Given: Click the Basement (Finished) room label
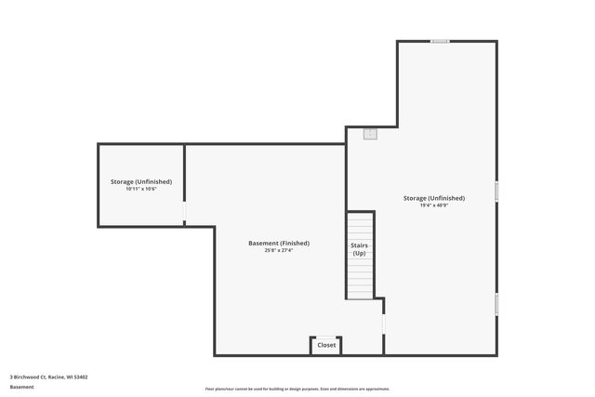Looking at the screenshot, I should click(x=278, y=243).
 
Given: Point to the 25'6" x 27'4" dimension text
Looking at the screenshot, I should click(x=278, y=250).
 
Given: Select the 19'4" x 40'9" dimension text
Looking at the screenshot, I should click(x=434, y=205).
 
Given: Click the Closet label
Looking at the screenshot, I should click(x=326, y=345).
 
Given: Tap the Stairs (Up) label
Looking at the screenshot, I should click(x=359, y=249).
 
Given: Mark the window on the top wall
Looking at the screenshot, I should click(x=440, y=41).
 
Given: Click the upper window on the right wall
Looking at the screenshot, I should click(x=496, y=191).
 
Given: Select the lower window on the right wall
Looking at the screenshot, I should click(x=496, y=303).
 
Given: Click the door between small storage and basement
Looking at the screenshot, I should click(x=184, y=213).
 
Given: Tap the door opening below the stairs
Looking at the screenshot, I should click(x=383, y=322).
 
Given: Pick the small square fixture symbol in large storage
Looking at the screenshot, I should click(x=370, y=133).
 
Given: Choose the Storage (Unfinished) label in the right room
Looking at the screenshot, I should click(x=434, y=198).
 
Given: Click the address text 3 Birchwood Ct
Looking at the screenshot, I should click(x=28, y=377).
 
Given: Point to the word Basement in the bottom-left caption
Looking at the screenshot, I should click(x=21, y=387).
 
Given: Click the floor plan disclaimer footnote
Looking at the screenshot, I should click(x=297, y=389).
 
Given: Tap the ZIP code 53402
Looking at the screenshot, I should click(x=81, y=377).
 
